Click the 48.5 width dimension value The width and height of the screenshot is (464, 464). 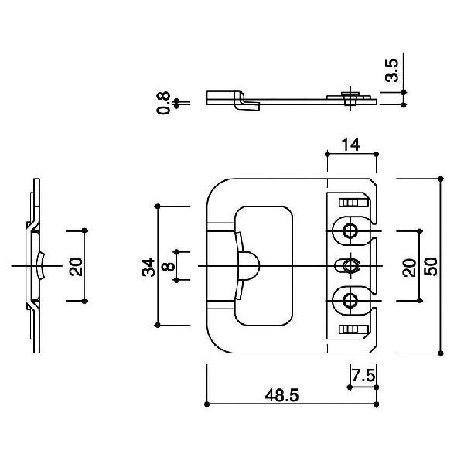pyautogui.click(x=281, y=396)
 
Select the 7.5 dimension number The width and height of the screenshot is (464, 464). pyautogui.click(x=363, y=376)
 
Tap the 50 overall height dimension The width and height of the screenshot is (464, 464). pyautogui.click(x=431, y=267)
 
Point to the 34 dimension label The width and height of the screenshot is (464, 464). pyautogui.click(x=148, y=268)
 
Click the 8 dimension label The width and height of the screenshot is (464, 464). pyautogui.click(x=169, y=266)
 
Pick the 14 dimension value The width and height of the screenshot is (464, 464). pyautogui.click(x=350, y=145)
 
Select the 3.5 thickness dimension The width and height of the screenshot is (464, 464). pyautogui.click(x=392, y=70)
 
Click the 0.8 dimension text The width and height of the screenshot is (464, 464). pyautogui.click(x=164, y=103)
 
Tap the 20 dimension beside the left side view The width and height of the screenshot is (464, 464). pyautogui.click(x=76, y=267)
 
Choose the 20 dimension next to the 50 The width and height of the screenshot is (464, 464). pyautogui.click(x=410, y=268)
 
